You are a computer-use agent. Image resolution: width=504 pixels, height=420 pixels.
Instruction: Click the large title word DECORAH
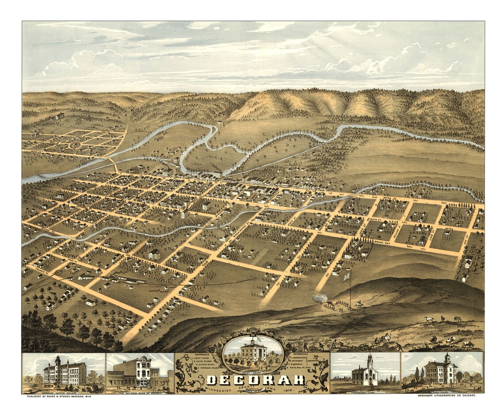[x=255, y=380]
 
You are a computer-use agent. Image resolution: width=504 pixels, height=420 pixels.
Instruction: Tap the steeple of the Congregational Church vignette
[x=369, y=361]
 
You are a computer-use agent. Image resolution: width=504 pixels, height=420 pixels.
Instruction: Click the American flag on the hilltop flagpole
[x=347, y=277]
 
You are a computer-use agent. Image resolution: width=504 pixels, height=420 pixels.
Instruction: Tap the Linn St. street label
[x=432, y=231]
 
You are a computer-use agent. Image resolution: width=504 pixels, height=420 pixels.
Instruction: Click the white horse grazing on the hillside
[x=428, y=318]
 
